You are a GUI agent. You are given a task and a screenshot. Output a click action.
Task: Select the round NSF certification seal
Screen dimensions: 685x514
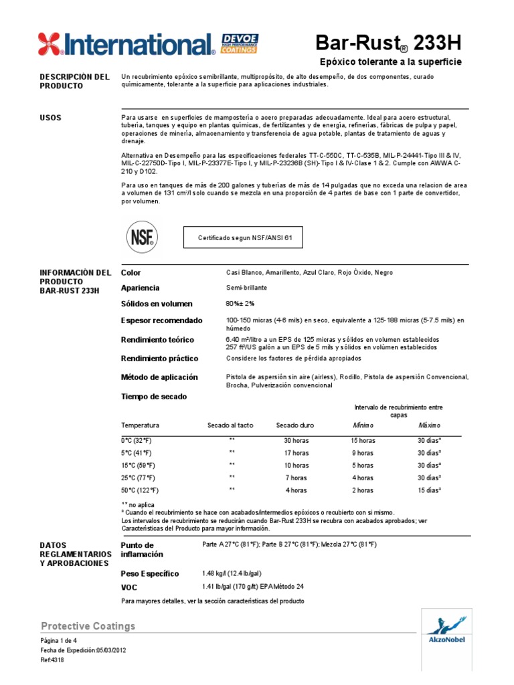(x=143, y=237)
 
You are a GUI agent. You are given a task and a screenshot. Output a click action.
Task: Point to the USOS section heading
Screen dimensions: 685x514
(x=51, y=118)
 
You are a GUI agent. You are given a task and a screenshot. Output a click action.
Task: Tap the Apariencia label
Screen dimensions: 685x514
(x=140, y=288)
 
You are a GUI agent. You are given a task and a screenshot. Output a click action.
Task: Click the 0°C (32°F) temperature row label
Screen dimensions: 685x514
(x=138, y=441)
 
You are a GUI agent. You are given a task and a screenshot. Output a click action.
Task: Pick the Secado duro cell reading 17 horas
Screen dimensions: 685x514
(x=296, y=453)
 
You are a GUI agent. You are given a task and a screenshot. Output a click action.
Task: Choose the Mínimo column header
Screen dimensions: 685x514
(x=363, y=425)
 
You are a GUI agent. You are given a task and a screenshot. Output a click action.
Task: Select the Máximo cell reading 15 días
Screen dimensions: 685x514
(x=430, y=490)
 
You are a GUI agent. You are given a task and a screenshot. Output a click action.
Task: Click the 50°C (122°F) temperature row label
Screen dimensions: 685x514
(x=139, y=490)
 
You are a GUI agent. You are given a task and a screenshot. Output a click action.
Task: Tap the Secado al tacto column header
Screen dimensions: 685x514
(x=230, y=425)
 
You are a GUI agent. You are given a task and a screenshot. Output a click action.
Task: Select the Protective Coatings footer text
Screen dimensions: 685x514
(x=88, y=626)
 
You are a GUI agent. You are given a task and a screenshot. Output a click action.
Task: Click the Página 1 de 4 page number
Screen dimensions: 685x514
(x=60, y=640)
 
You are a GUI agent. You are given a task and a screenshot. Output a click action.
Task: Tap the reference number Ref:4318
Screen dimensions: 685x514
(x=53, y=658)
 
